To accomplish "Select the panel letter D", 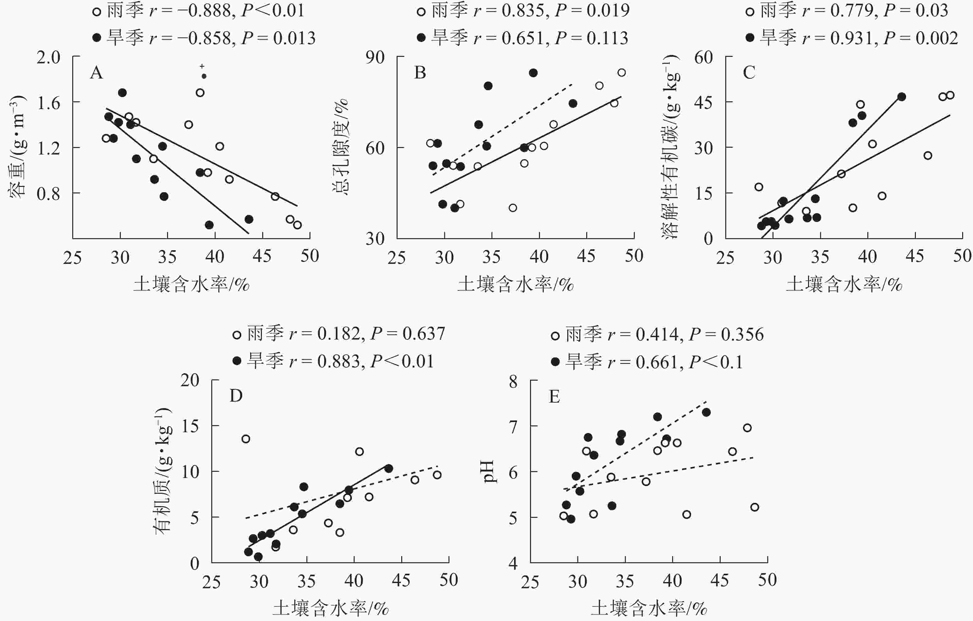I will [x=236, y=396].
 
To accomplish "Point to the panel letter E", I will [x=554, y=397].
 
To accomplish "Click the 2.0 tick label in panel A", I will [x=48, y=57].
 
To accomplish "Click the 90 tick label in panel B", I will [x=375, y=57].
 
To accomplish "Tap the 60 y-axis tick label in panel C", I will [x=703, y=57].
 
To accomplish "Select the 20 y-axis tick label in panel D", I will [x=190, y=380].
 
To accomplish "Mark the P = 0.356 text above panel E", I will [x=726, y=335].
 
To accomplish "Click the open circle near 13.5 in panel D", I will [x=246, y=439].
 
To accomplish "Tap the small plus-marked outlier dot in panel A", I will [x=204, y=76].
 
